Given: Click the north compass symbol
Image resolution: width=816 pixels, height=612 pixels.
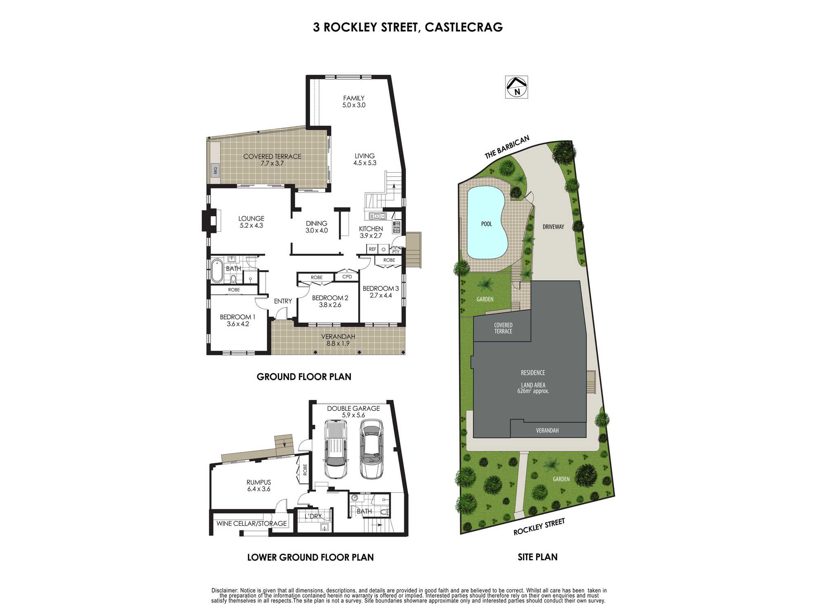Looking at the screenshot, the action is (x=517, y=87).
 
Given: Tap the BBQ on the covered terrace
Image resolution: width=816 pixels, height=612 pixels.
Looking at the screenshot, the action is (x=215, y=170).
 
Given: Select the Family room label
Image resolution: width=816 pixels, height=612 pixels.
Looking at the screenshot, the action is (x=354, y=102).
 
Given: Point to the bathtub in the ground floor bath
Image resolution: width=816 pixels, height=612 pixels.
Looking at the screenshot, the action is (x=217, y=270).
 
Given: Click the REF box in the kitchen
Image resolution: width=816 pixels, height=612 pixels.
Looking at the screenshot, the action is (x=372, y=249).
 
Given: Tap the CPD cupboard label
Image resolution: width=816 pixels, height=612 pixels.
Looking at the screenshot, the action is (x=347, y=277).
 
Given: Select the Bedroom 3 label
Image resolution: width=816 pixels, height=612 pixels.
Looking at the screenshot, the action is (x=381, y=292).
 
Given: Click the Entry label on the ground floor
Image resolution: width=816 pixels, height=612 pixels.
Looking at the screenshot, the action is (x=283, y=301).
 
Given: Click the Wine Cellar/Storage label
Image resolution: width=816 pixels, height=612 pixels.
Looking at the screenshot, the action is (x=251, y=523).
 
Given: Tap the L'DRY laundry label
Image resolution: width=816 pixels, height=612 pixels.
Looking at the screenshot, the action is (x=313, y=516).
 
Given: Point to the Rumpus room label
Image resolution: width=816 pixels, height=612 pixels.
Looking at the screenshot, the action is (x=259, y=486).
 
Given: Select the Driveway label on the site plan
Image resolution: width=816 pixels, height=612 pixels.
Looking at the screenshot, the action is (x=553, y=227).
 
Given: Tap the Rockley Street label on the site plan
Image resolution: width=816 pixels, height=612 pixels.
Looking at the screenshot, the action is (x=539, y=527).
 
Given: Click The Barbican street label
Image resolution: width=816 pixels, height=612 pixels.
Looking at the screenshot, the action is (x=507, y=147).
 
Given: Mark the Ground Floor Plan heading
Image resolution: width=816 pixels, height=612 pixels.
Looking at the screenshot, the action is (x=304, y=377).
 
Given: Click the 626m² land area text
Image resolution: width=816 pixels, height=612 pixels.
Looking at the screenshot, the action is (x=533, y=391).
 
